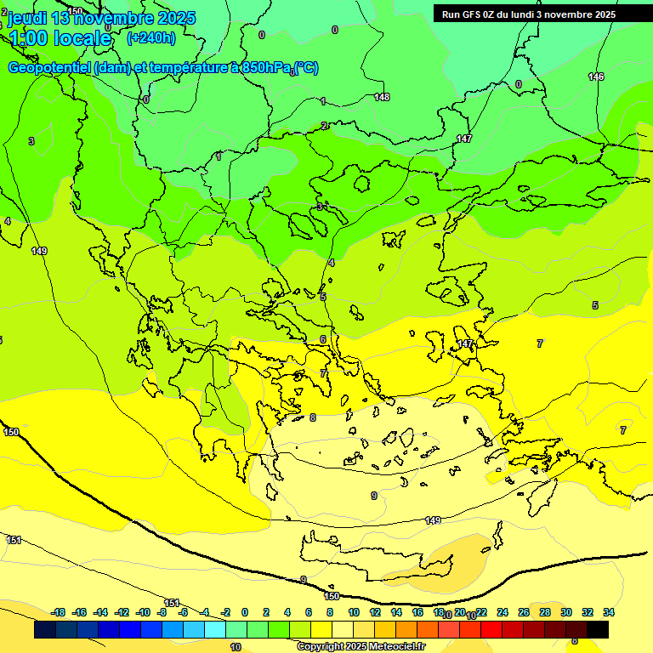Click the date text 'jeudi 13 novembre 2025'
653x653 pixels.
101,18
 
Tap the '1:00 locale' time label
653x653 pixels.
60,38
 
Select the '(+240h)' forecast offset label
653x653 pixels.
150,38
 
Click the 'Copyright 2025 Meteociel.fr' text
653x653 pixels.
361,646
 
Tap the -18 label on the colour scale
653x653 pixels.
59,612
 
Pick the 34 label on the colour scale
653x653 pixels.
609,612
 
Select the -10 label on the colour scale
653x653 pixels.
143,612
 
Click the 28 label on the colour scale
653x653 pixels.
545,612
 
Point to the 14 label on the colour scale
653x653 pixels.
396,612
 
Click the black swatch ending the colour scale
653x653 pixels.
598,629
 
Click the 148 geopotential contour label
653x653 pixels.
382,97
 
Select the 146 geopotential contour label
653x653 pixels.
596,77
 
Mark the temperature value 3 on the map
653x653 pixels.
31,141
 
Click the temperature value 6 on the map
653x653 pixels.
322,339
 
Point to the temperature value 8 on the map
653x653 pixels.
313,417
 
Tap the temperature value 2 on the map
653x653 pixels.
323,126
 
